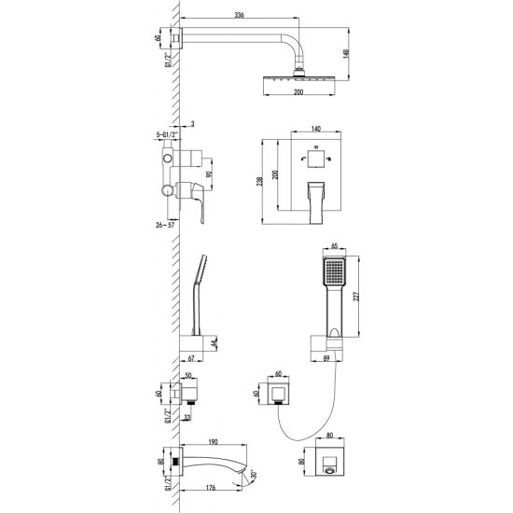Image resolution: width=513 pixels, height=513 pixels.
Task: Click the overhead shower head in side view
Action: (299, 84)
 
